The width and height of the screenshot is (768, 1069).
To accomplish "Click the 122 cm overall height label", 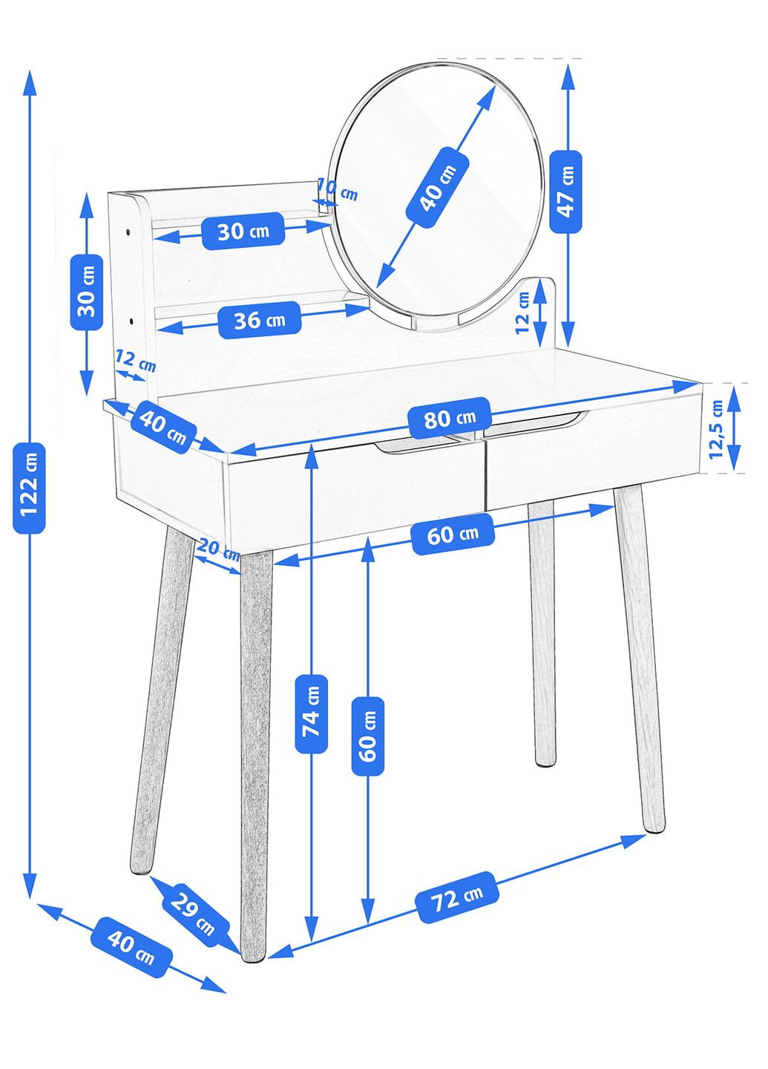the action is (29, 488).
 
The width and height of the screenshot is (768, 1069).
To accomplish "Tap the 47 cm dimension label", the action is (566, 192).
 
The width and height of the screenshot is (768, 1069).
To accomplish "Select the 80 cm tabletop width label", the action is (450, 418).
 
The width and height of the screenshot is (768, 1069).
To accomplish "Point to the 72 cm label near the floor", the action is (457, 898).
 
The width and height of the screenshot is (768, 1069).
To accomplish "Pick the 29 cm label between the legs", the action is (192, 913).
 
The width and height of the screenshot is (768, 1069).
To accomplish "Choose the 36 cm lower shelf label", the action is (260, 320).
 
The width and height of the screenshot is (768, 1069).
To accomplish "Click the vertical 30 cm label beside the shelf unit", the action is (86, 292).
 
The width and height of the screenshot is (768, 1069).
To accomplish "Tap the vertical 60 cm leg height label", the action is (367, 736).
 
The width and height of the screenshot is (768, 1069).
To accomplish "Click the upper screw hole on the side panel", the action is (128, 232).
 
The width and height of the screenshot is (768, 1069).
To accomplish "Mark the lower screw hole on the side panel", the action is (131, 321).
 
